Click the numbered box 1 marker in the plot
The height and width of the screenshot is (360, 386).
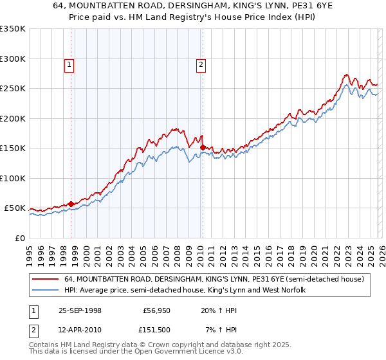(x=68, y=64)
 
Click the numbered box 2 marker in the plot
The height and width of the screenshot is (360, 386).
(x=201, y=64)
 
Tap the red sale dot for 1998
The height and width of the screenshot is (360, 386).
(x=71, y=204)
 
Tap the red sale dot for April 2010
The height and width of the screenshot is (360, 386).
(x=203, y=148)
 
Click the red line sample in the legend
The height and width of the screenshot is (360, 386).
(x=46, y=280)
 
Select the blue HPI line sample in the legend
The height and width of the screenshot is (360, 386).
(x=46, y=291)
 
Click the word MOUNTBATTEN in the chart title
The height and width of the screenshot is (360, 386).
(x=120, y=5)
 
